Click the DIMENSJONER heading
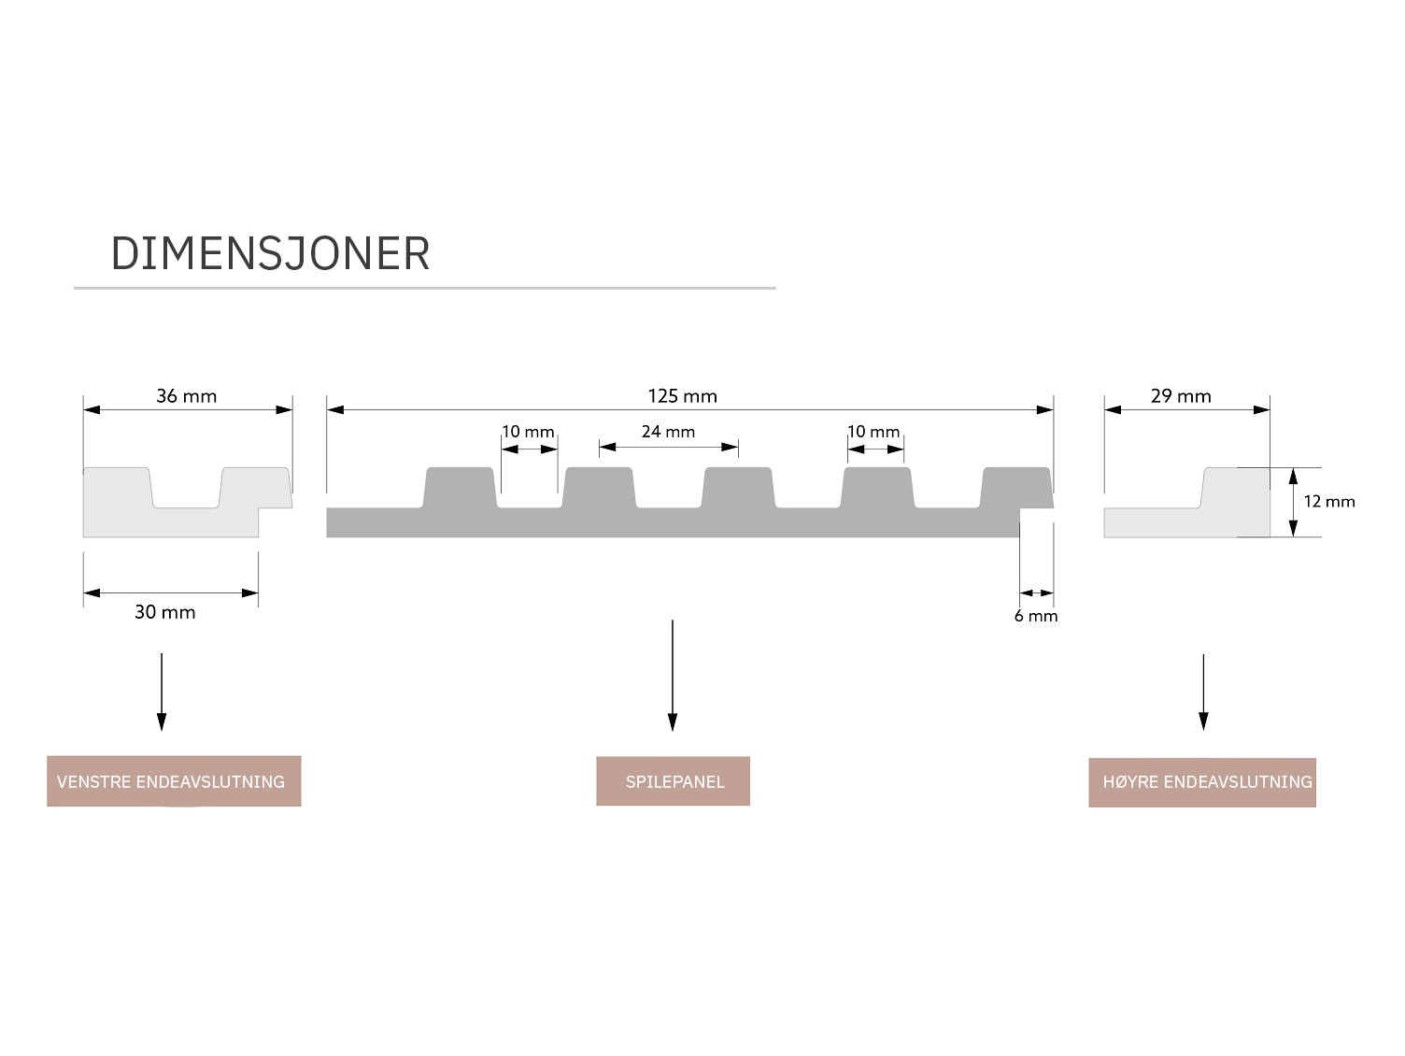click(x=270, y=254)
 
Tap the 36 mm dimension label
click(x=186, y=396)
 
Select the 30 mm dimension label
click(x=165, y=612)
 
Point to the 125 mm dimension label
click(x=682, y=396)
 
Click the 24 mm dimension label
click(x=668, y=432)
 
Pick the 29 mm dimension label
click(x=1181, y=396)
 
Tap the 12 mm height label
click(x=1328, y=502)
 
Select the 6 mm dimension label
click(x=1036, y=616)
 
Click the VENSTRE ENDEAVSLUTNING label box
click(x=174, y=781)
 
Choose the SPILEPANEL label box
click(x=674, y=781)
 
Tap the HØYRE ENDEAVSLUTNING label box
click(x=1202, y=782)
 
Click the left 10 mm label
click(x=528, y=432)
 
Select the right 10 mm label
click(x=873, y=432)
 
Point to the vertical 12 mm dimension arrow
click(x=1294, y=502)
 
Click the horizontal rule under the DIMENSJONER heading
click(x=425, y=288)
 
